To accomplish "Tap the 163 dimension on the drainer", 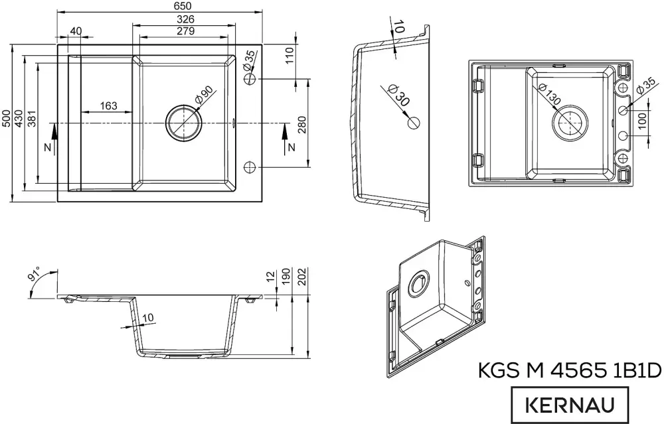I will (108, 106).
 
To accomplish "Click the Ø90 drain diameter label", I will (203, 96).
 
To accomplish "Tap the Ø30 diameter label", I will (396, 96).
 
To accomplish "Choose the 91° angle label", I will (35, 274).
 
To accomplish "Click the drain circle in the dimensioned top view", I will (183, 123).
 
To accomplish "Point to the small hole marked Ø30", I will (414, 122).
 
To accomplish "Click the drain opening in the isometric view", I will (420, 283).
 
